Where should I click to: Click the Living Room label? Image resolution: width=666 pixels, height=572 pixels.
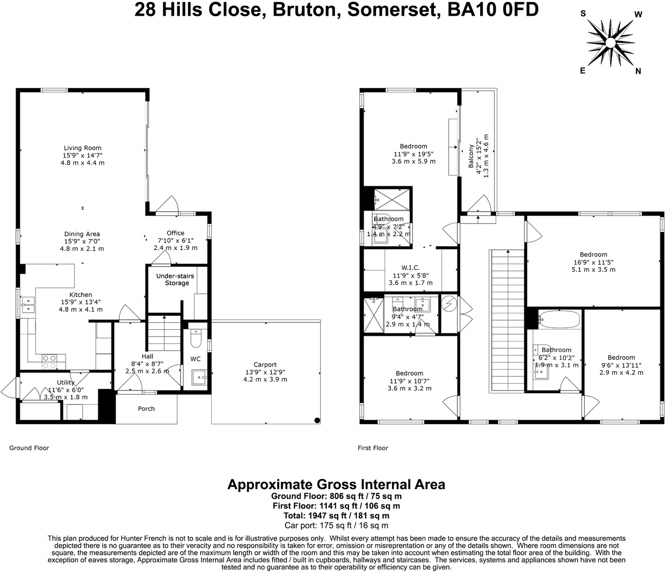point(82,148)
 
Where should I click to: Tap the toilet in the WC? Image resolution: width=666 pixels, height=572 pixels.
point(196,339)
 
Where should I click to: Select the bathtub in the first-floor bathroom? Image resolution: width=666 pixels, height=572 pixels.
point(560,319)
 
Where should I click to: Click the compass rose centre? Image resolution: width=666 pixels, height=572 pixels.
point(610,43)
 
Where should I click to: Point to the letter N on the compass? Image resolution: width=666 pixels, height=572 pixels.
point(638,71)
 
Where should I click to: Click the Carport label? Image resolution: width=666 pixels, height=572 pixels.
point(265,365)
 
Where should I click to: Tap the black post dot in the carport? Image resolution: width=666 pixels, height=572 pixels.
point(317,420)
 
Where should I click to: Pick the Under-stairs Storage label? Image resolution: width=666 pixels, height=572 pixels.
point(175,279)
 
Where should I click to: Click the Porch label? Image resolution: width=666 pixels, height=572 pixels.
point(146,408)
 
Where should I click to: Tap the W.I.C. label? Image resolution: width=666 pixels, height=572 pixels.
point(410,267)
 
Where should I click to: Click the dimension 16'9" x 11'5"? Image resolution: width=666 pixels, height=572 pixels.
point(593,262)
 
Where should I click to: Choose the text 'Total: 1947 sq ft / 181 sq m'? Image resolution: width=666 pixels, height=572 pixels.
point(336,515)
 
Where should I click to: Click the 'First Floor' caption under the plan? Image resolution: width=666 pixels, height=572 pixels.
point(373,448)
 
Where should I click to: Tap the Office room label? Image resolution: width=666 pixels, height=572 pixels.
point(175,233)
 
